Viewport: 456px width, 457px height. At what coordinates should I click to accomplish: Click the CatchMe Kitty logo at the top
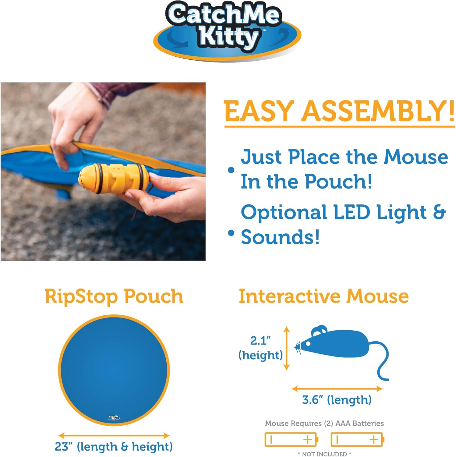[227, 30]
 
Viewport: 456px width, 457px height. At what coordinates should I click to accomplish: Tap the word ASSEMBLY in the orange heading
[378, 111]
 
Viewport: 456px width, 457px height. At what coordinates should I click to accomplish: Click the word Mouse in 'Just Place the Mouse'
[416, 157]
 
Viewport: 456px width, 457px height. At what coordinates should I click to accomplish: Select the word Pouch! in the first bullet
[338, 182]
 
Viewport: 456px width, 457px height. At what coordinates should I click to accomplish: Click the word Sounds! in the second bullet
[280, 237]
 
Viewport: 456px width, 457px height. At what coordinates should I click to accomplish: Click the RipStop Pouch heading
[114, 296]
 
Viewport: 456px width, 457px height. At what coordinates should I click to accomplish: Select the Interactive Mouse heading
[323, 296]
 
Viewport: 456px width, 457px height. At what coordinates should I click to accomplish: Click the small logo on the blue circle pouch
[114, 417]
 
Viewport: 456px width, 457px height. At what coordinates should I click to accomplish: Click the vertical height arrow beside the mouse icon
[286, 348]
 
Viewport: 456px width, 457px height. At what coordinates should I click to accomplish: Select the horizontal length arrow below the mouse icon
[337, 388]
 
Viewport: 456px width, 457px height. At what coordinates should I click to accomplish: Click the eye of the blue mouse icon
[308, 344]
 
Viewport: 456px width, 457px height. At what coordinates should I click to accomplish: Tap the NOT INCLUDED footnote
[324, 454]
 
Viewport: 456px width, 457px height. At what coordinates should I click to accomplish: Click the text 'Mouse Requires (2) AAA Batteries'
[324, 423]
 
